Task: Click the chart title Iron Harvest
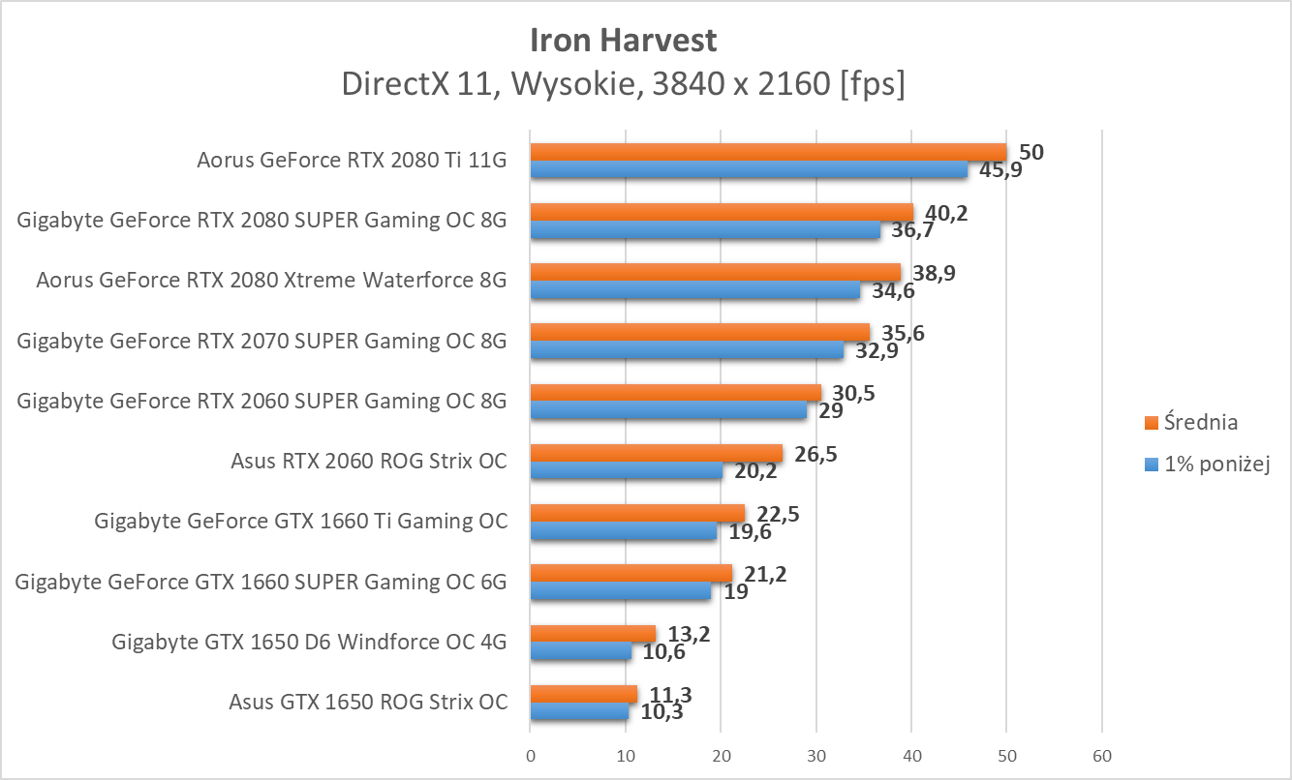pos(624,41)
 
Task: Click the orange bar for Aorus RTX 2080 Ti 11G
pos(768,152)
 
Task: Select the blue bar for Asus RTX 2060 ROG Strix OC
pos(626,471)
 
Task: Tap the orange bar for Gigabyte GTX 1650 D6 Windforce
pos(593,634)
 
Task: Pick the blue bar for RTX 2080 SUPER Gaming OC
pos(705,230)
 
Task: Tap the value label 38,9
pos(934,273)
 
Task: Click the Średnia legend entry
pos(1200,422)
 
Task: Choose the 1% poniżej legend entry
pos(1216,465)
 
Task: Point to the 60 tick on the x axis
pos(1101,755)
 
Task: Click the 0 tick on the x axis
pos(530,755)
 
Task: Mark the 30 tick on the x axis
pos(815,755)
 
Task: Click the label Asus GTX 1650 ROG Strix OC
pos(368,703)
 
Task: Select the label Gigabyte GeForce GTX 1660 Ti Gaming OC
pos(300,521)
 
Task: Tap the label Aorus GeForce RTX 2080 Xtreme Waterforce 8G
pos(271,281)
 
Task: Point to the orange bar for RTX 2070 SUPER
pos(699,333)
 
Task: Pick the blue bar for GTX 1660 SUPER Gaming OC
pos(620,592)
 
